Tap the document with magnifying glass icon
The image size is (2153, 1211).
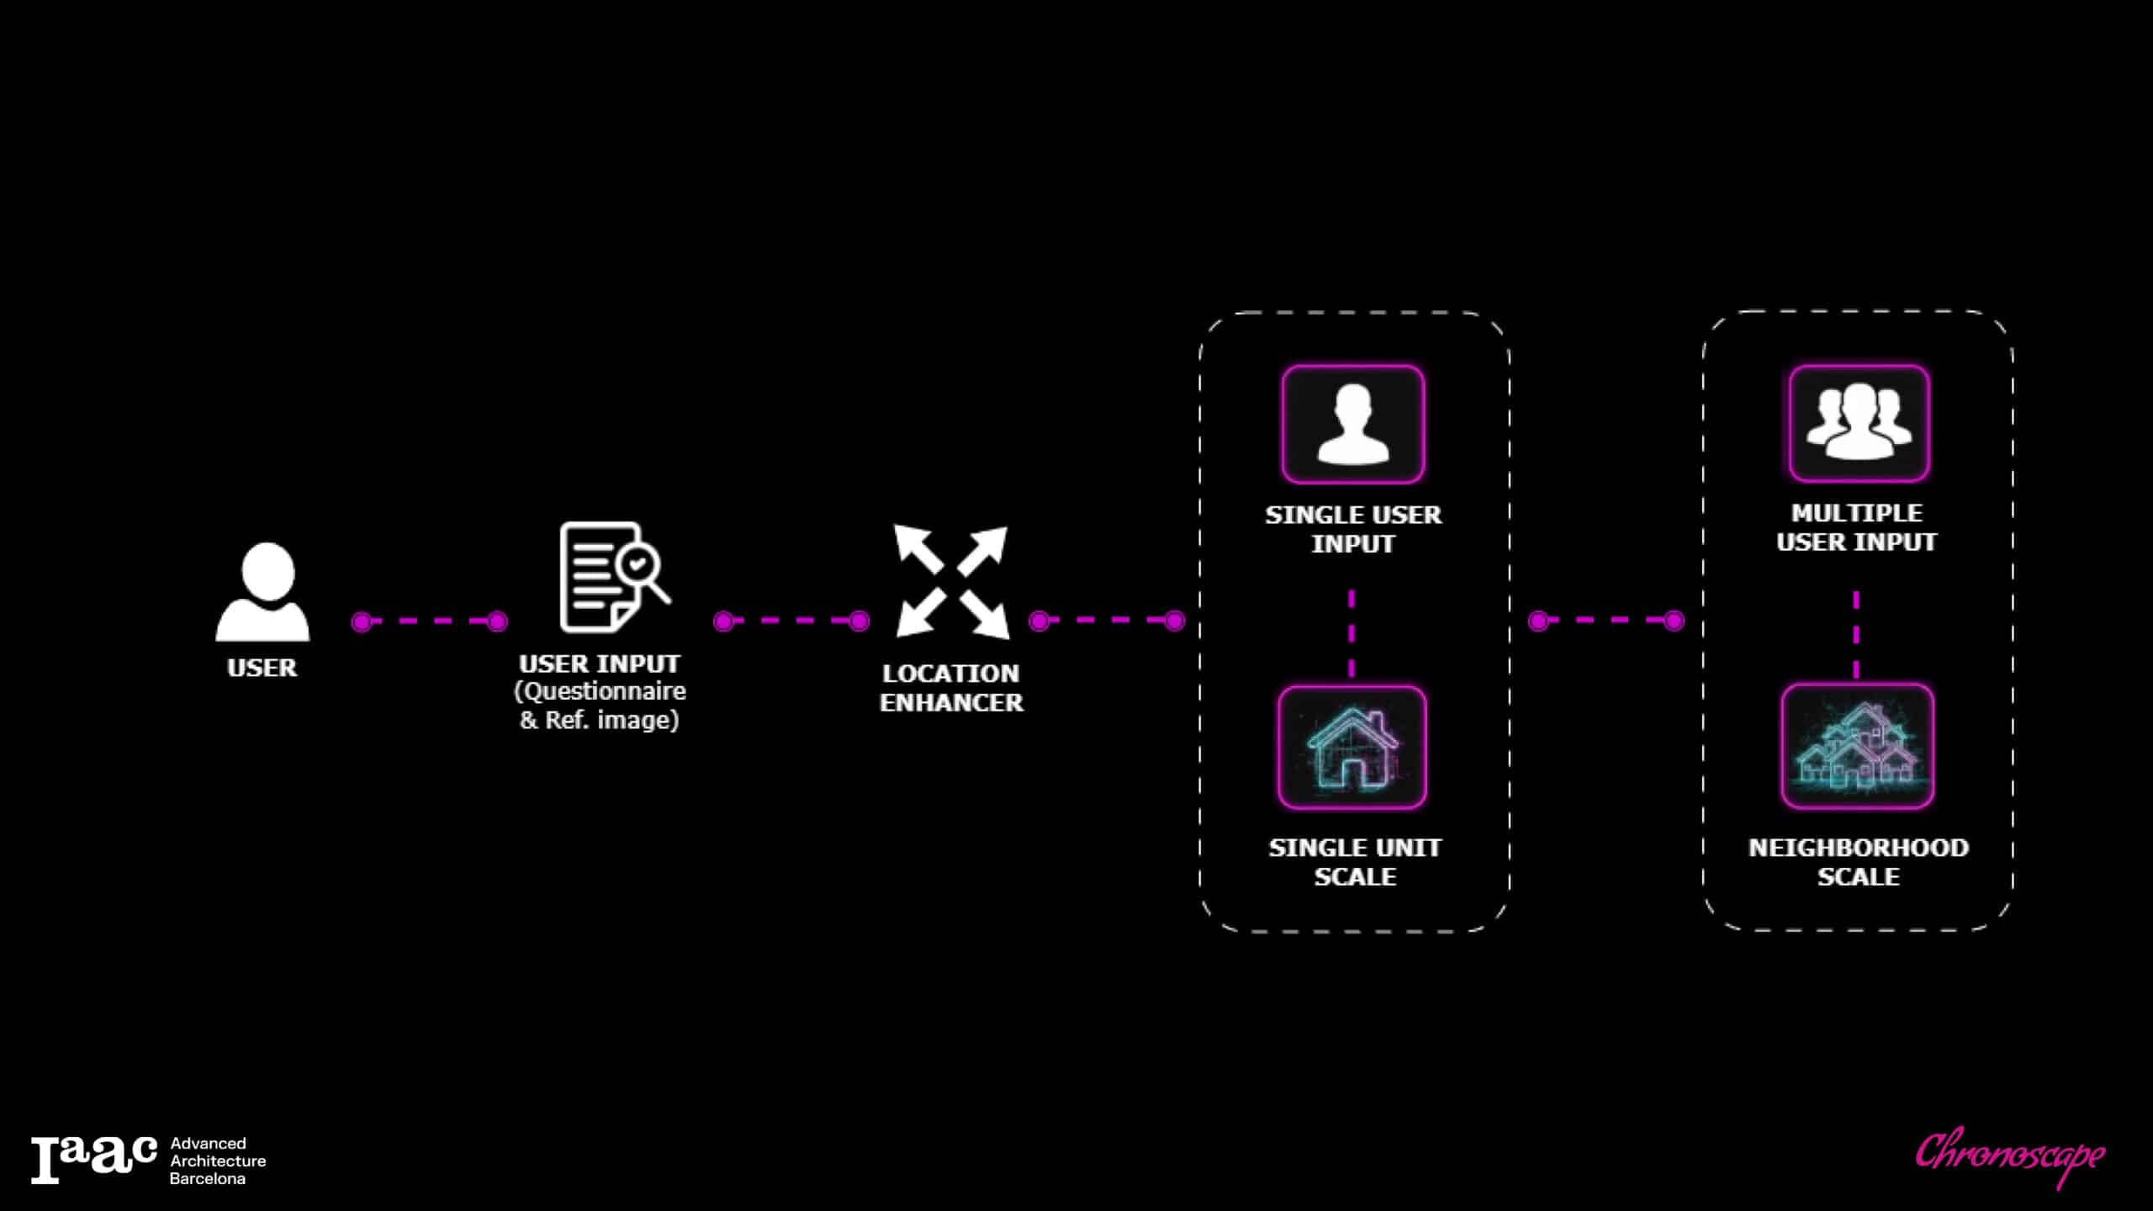click(x=613, y=577)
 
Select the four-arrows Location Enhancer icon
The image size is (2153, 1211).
click(x=951, y=581)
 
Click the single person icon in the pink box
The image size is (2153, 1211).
click(x=1352, y=425)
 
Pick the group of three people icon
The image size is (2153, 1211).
click(x=1859, y=423)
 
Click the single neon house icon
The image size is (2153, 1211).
click(x=1352, y=748)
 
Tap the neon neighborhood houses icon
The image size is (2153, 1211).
click(x=1857, y=747)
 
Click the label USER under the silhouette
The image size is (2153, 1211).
click(x=262, y=668)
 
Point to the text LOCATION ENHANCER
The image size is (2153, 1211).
click(x=951, y=688)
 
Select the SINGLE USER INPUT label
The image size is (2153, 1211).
click(x=1353, y=529)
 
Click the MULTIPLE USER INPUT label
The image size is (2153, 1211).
click(x=1857, y=527)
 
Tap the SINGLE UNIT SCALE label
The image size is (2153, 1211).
click(x=1355, y=862)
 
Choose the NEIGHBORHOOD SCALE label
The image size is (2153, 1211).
click(x=1859, y=862)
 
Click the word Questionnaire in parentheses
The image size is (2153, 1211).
click(x=600, y=691)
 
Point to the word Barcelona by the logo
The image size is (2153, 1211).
click(x=208, y=1179)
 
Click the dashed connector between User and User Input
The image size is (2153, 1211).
click(x=429, y=621)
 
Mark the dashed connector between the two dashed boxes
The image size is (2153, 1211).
click(x=1606, y=621)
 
